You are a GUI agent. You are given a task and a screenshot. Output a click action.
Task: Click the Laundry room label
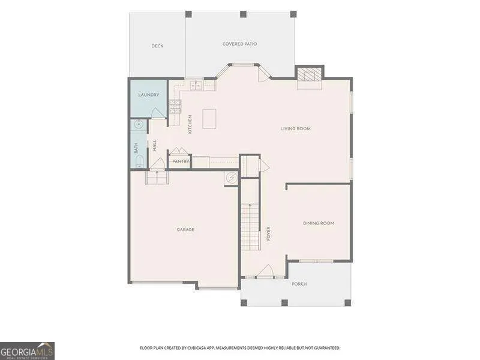148,95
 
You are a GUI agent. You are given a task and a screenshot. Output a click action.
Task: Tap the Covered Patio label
239,44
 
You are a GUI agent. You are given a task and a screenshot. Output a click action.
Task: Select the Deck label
157,46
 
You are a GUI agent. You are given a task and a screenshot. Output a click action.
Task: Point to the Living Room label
295,128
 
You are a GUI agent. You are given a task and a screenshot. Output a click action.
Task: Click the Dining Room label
319,223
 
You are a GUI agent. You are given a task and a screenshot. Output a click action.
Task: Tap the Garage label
185,230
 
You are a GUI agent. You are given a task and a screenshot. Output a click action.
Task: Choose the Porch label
299,284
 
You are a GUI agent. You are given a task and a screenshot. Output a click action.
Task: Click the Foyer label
268,233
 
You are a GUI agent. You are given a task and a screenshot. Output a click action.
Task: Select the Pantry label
181,161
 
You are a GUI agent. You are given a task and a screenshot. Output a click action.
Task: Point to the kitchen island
209,119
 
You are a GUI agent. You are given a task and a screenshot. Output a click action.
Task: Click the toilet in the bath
139,161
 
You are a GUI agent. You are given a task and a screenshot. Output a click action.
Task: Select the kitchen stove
175,107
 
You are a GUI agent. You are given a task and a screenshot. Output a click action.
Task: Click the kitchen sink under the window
196,86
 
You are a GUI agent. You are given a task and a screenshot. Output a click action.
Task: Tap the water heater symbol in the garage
232,178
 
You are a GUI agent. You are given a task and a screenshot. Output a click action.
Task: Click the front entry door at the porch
265,271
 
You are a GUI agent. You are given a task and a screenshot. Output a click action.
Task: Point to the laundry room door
158,113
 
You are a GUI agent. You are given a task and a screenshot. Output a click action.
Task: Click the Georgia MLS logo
27,351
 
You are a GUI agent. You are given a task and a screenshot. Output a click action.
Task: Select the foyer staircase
250,226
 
